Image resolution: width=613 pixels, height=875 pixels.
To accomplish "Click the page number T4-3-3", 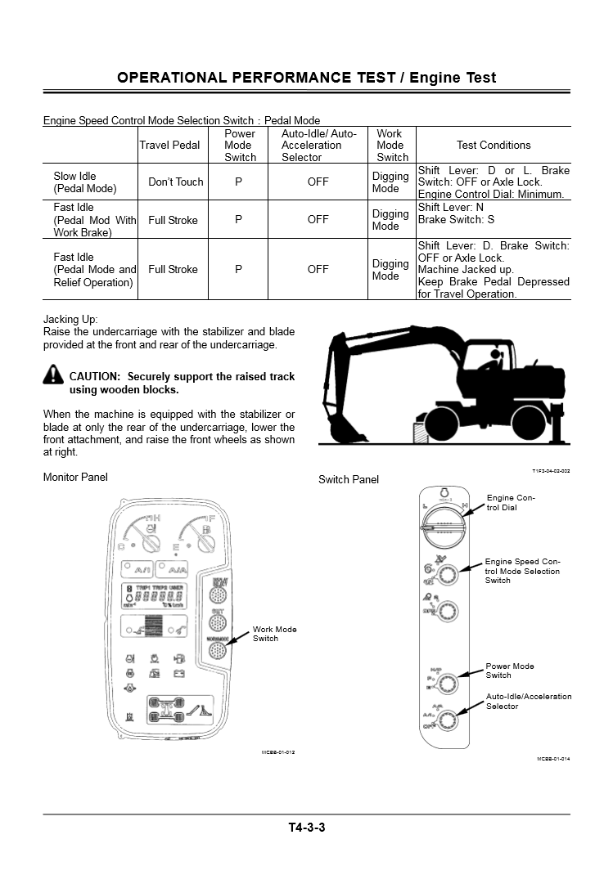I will (x=306, y=828).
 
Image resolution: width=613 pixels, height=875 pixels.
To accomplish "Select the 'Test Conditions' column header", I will (x=494, y=145).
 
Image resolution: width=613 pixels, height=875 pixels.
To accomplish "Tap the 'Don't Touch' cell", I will (x=175, y=182).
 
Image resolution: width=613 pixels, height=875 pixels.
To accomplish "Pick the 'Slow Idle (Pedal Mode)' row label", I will (x=85, y=182).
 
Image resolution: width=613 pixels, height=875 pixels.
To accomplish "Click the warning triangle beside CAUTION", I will (x=53, y=375).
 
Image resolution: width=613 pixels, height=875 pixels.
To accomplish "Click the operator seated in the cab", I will (x=494, y=360).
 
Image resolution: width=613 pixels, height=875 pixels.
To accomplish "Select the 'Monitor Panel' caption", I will (x=75, y=478).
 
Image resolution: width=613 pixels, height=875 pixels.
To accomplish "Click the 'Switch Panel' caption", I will (x=349, y=480).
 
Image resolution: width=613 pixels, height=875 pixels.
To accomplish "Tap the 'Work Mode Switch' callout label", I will (x=275, y=634).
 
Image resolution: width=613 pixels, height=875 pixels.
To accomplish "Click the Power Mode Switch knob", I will (x=447, y=678).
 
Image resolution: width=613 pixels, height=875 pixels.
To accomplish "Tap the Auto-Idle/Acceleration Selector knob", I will (x=447, y=720).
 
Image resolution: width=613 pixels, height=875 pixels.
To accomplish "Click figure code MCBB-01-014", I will (x=553, y=759).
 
